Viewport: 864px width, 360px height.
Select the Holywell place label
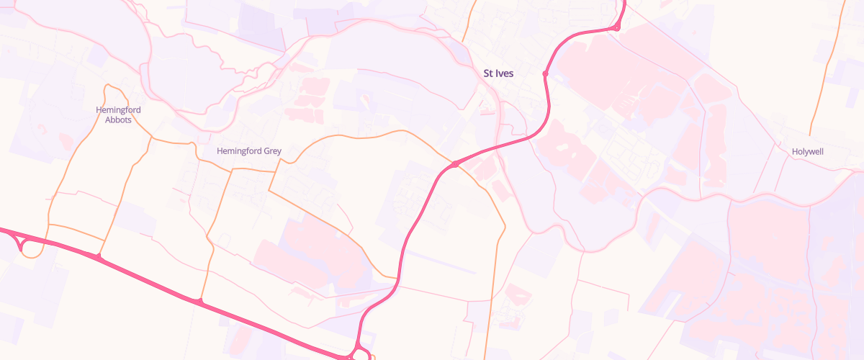pyautogui.click(x=807, y=152)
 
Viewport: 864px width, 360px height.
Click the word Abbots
pyautogui.click(x=118, y=120)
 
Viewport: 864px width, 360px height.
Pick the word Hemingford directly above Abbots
pyautogui.click(x=118, y=110)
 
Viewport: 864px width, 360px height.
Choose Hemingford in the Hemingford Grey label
pyautogui.click(x=239, y=151)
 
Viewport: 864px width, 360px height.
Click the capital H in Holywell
pyautogui.click(x=794, y=152)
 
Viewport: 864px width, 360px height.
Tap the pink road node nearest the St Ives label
pyautogui.click(x=546, y=73)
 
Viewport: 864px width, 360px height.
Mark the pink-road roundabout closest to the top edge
pyautogui.click(x=617, y=28)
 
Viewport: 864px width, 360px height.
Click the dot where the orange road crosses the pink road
pyautogui.click(x=455, y=165)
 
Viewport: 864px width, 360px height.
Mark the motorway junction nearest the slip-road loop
pyautogui.click(x=97, y=256)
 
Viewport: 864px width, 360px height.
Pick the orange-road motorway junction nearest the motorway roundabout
pyautogui.click(x=200, y=300)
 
